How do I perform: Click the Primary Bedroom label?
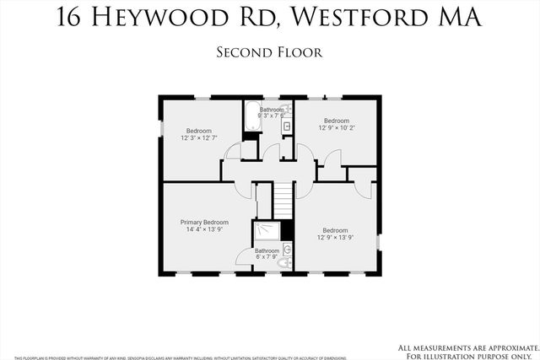pyautogui.click(x=204, y=223)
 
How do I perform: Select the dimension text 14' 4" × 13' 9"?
pyautogui.click(x=204, y=230)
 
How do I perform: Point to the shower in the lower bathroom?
pyautogui.click(x=267, y=232)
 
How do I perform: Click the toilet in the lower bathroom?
pyautogui.click(x=284, y=263)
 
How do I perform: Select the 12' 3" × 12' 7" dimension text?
pyautogui.click(x=199, y=138)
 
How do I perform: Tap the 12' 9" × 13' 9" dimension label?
pyautogui.click(x=335, y=238)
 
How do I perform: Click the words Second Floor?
pyautogui.click(x=270, y=52)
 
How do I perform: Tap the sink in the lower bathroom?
pyautogui.click(x=286, y=250)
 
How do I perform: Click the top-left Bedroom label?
pyautogui.click(x=199, y=131)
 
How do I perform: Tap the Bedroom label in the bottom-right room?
pyautogui.click(x=335, y=230)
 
